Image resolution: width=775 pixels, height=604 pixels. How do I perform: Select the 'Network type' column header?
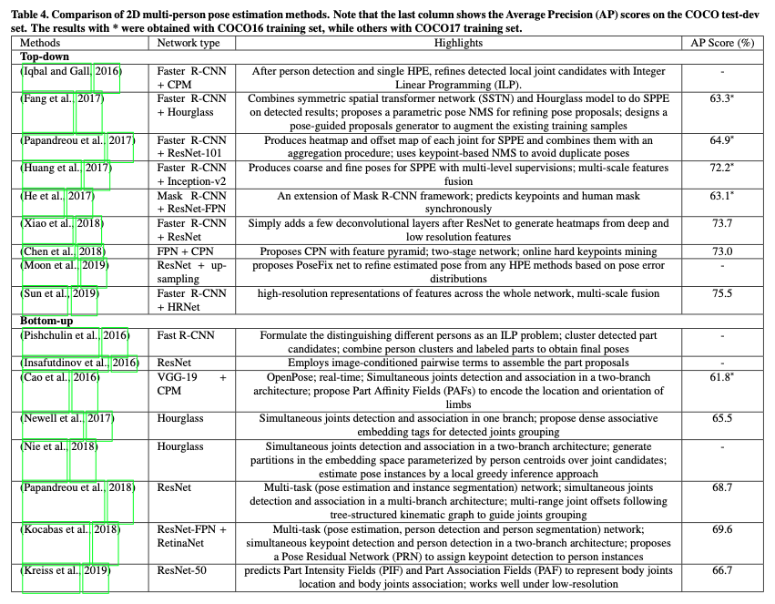(189, 43)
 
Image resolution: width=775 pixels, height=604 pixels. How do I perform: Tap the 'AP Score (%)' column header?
(721, 43)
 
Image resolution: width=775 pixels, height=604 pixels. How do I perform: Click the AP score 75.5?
(721, 293)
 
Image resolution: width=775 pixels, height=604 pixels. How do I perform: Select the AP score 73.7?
(721, 223)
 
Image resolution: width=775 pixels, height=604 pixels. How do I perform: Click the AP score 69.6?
(721, 529)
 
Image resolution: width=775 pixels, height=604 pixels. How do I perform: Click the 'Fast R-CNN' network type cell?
(186, 335)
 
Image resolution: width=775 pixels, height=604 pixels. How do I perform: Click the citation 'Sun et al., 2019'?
(58, 293)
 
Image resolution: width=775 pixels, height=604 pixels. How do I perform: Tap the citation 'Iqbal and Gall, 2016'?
(70, 70)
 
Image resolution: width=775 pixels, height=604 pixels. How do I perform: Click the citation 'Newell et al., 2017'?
(65, 417)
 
